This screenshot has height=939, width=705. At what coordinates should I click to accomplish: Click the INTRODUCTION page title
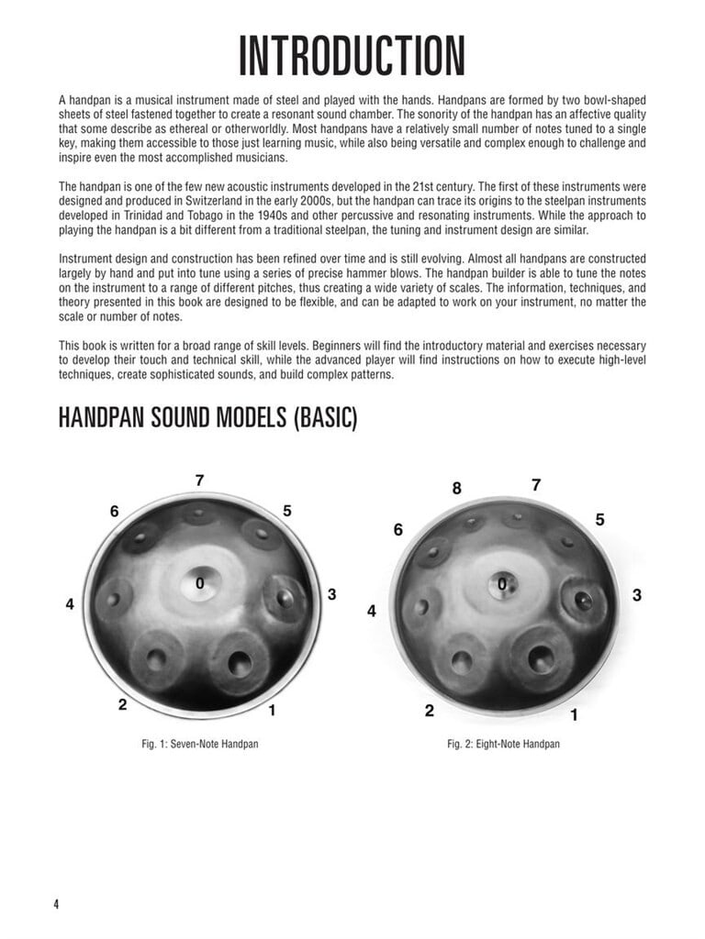pyautogui.click(x=352, y=57)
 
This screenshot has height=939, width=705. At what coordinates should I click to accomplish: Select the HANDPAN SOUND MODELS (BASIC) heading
pyautogui.click(x=207, y=418)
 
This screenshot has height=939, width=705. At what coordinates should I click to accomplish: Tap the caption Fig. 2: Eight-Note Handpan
pyautogui.click(x=503, y=744)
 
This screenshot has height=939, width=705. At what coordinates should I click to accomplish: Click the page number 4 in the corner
pyautogui.click(x=56, y=904)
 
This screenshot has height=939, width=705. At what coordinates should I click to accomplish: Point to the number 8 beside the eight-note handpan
pyautogui.click(x=456, y=489)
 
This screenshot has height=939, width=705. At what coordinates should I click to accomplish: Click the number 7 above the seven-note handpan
pyautogui.click(x=200, y=481)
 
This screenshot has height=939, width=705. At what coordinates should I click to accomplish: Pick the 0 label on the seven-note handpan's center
pyautogui.click(x=199, y=582)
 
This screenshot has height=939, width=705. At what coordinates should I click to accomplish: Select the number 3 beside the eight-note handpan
pyautogui.click(x=636, y=596)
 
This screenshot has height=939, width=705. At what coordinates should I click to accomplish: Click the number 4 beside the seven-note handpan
pyautogui.click(x=70, y=604)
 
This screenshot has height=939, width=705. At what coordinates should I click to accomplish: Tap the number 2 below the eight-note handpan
pyautogui.click(x=429, y=711)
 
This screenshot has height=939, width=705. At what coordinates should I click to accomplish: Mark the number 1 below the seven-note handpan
pyautogui.click(x=272, y=710)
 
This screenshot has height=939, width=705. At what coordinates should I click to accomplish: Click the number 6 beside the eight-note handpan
pyautogui.click(x=398, y=530)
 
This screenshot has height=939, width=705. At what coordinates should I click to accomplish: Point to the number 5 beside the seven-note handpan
pyautogui.click(x=287, y=511)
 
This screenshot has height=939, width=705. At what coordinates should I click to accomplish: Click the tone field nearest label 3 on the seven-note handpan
pyautogui.click(x=285, y=598)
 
